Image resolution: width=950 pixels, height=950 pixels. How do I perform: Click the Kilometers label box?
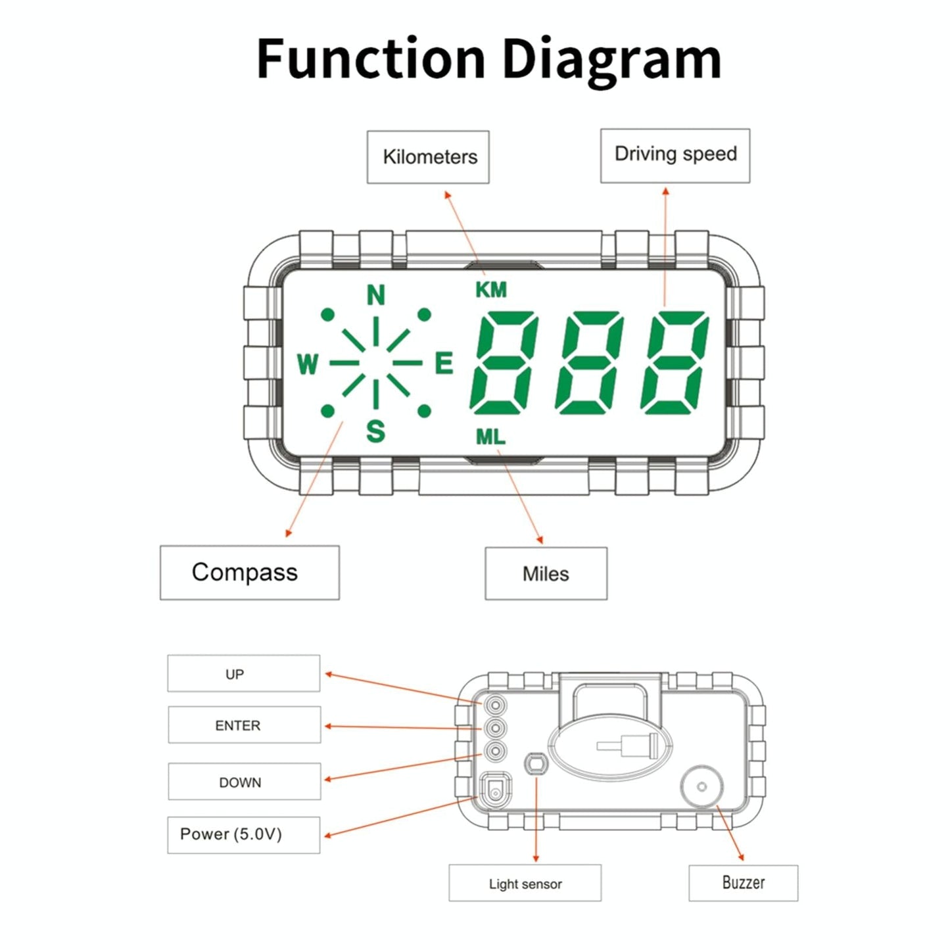tap(428, 157)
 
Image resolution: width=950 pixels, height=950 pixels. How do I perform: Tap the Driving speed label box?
tap(675, 155)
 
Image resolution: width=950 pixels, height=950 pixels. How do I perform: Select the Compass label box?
tap(249, 572)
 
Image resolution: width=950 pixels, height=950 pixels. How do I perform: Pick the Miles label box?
tap(546, 573)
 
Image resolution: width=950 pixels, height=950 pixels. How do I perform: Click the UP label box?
tap(243, 673)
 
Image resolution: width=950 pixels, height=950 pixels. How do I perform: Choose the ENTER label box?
tap(244, 724)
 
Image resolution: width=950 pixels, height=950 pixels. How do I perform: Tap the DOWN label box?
tap(244, 781)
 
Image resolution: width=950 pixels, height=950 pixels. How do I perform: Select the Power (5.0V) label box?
tap(243, 834)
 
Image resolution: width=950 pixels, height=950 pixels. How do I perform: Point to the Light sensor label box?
tap(525, 883)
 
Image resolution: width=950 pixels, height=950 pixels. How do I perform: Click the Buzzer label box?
tap(743, 882)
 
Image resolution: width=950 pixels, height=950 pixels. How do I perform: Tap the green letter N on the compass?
tap(375, 296)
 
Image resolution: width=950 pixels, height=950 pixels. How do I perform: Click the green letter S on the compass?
tap(375, 431)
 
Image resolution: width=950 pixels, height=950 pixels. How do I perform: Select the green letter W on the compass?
tap(307, 364)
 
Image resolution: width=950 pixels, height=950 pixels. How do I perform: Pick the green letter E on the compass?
tap(444, 363)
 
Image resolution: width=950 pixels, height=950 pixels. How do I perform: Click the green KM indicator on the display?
tap(491, 289)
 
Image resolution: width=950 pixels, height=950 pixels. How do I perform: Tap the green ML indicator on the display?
tap(490, 436)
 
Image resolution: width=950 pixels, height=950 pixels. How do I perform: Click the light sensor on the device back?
tap(535, 764)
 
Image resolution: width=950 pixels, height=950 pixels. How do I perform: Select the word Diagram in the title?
tap(611, 59)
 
